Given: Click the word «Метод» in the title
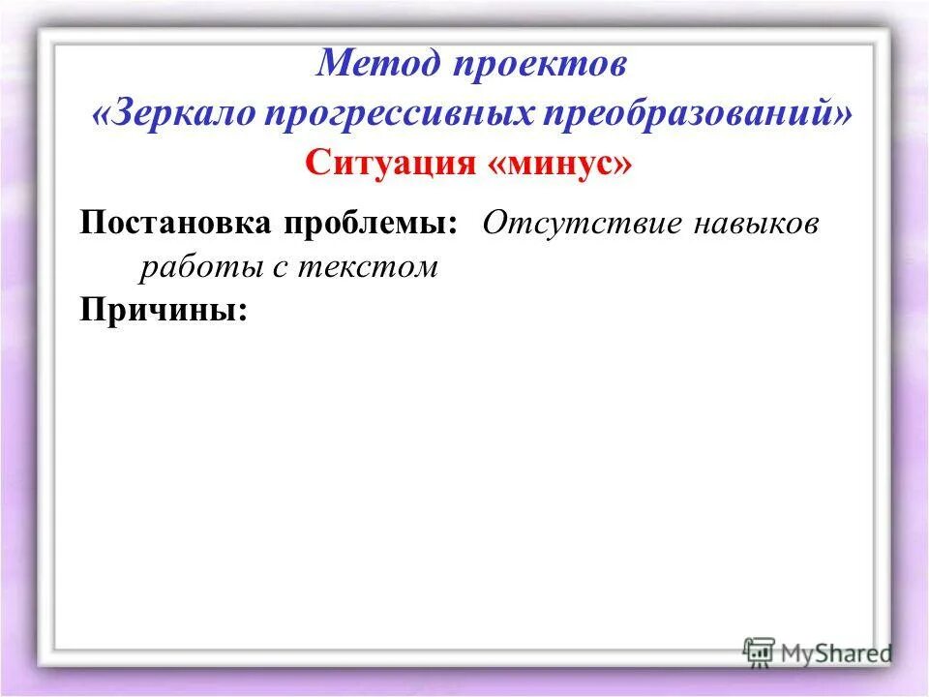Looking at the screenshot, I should click(372, 64).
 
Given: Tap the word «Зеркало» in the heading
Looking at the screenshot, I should click(185, 113).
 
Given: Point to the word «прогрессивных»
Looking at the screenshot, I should click(397, 113).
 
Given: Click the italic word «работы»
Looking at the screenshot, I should click(198, 268).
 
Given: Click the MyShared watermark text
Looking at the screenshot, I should click(836, 652).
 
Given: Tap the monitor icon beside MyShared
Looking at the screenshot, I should click(760, 652).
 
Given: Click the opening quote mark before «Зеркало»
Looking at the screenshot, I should click(103, 114).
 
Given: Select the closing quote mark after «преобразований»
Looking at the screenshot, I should click(843, 114).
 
